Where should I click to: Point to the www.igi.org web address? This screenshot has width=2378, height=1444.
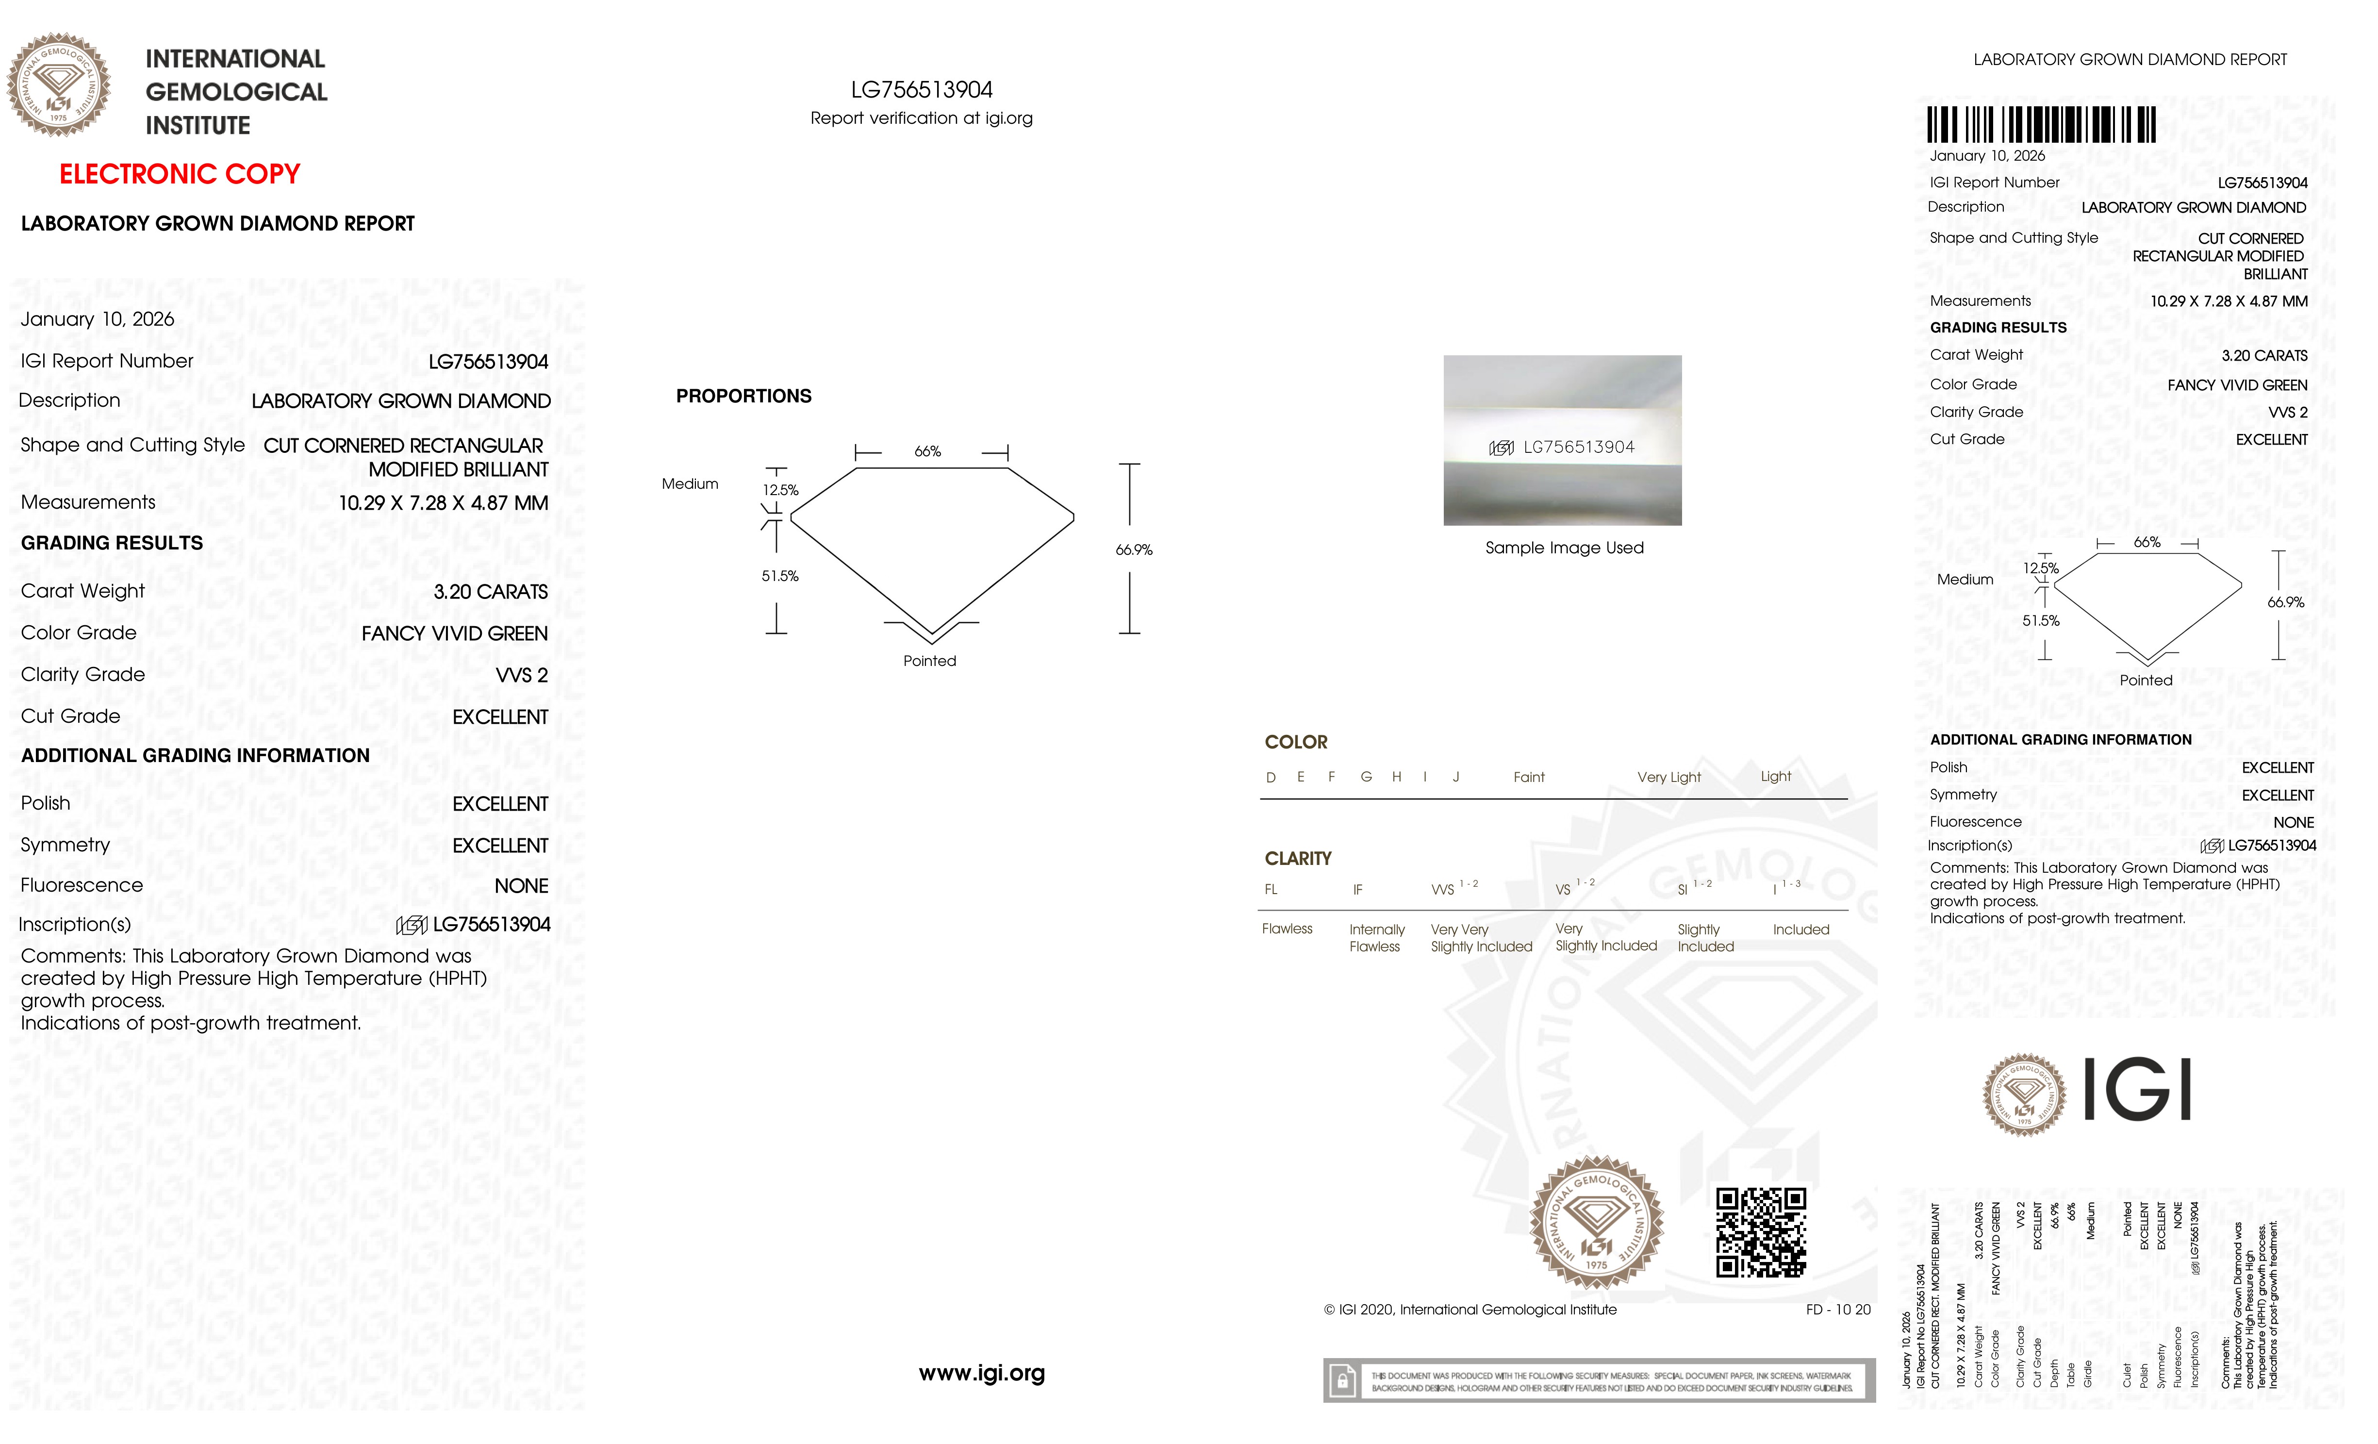tap(981, 1373)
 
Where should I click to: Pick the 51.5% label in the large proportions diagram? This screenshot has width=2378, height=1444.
tap(780, 576)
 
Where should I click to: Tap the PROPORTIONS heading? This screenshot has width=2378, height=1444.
tap(743, 396)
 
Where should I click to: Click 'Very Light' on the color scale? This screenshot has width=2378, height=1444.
tap(1668, 777)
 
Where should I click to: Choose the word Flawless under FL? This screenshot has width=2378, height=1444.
tap(1287, 929)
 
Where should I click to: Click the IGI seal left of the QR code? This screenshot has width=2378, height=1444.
tap(1597, 1223)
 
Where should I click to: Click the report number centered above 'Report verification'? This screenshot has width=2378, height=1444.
tap(922, 90)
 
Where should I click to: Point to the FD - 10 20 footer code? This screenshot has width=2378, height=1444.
tap(1837, 1310)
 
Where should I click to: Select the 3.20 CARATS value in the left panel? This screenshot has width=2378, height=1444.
tap(490, 592)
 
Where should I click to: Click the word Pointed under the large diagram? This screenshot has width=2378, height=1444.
tap(929, 661)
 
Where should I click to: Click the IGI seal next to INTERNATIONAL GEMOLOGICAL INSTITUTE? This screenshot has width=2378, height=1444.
tap(59, 85)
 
